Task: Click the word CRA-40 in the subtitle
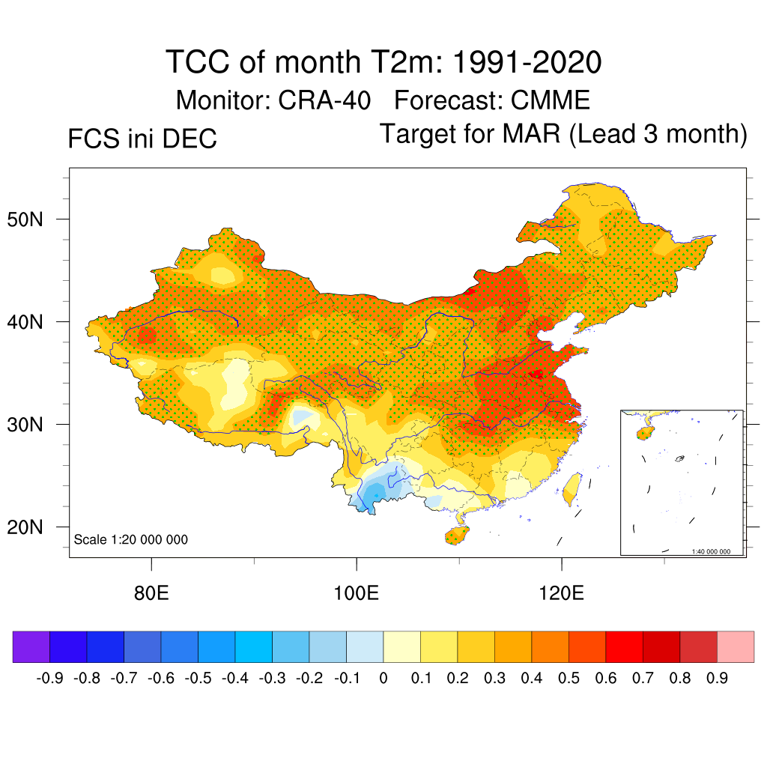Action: (324, 100)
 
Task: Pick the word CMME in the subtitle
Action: (550, 100)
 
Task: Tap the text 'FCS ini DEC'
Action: (142, 139)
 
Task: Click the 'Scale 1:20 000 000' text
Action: (131, 540)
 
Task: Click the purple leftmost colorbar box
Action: (31, 646)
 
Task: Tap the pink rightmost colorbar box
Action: (736, 646)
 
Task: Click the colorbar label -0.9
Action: (49, 679)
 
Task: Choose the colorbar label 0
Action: (383, 679)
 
